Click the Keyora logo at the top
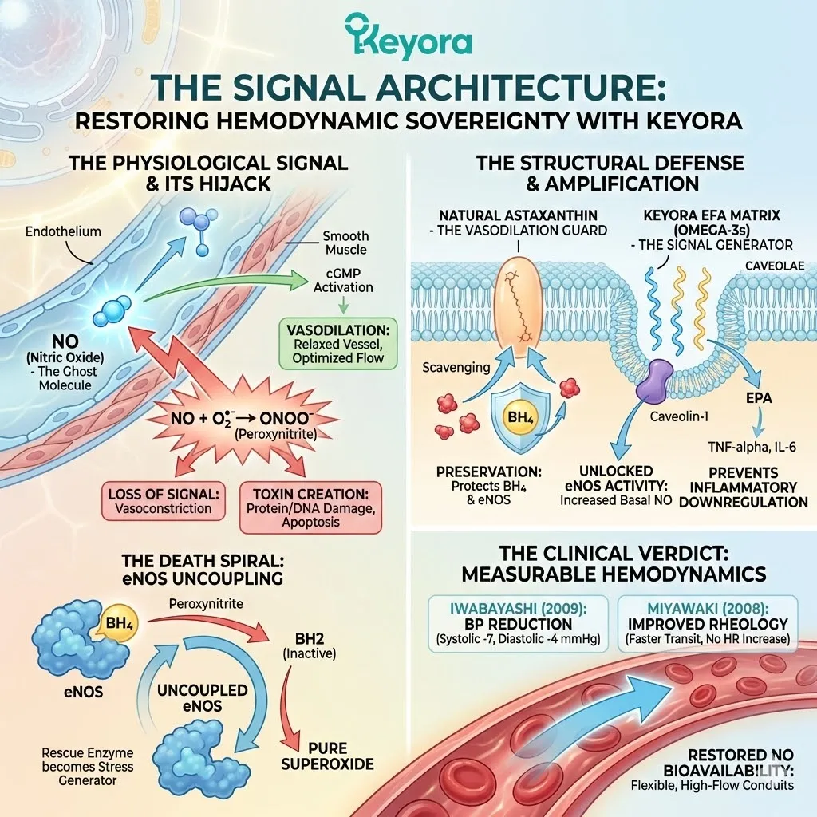tap(408, 37)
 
